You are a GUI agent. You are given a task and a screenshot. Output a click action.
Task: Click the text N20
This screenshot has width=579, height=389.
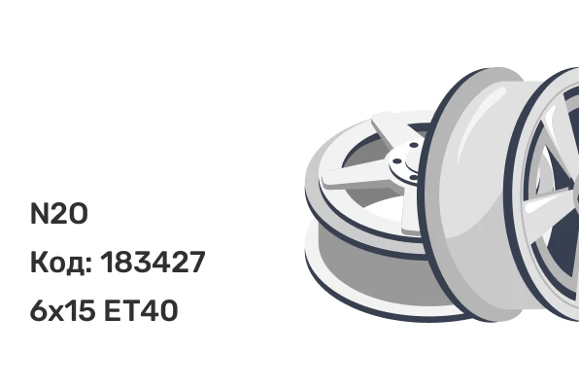(58, 214)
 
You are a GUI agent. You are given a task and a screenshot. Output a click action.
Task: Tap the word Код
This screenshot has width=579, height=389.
(58, 263)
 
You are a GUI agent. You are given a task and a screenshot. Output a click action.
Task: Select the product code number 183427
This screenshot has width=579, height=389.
(153, 263)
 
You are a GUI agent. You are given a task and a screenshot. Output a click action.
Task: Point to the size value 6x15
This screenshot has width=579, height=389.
(62, 310)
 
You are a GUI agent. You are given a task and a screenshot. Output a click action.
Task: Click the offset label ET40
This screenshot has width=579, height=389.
(141, 310)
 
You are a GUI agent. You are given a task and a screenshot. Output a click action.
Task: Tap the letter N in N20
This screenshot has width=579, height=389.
(39, 214)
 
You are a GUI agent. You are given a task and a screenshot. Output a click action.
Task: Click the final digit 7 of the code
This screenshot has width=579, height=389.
(196, 263)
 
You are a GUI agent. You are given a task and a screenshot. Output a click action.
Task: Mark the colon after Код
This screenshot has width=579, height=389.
(88, 265)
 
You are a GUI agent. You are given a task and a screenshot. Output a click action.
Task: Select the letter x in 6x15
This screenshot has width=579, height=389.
(55, 313)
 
